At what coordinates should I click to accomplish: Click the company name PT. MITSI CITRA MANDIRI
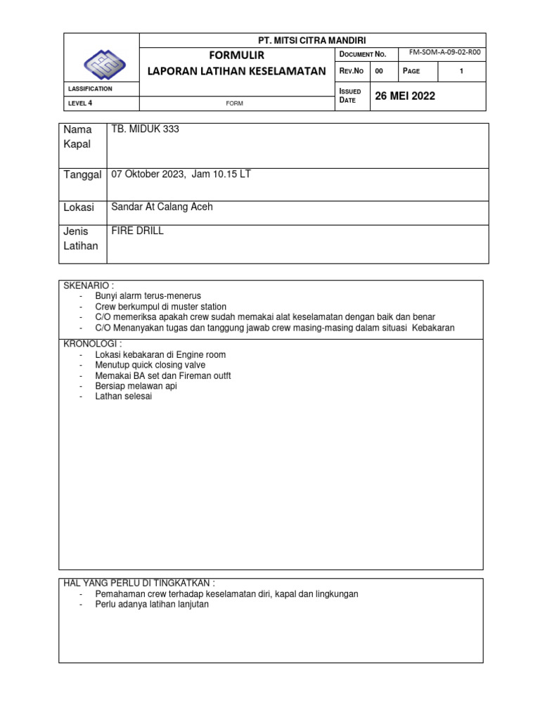point(313,40)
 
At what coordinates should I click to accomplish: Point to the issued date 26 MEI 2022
point(406,96)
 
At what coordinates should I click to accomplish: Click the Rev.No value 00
point(379,71)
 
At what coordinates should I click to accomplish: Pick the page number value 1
point(461,71)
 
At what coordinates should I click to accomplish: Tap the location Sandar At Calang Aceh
point(162,207)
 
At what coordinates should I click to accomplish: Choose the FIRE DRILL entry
point(138,231)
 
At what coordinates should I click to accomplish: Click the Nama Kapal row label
point(78,137)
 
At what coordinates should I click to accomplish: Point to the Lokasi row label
point(79,207)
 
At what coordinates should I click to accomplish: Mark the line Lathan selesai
point(123,397)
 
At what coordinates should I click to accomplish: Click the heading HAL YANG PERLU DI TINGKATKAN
point(139,584)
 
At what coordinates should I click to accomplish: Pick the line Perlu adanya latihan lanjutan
point(152,604)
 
